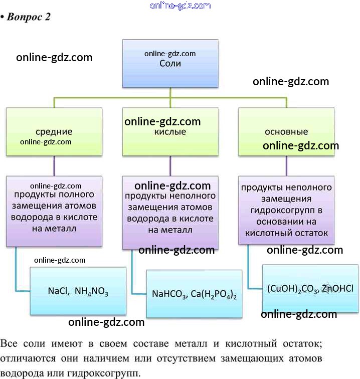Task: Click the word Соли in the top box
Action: [170, 64]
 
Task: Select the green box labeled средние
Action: [54, 131]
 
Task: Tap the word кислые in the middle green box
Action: [170, 132]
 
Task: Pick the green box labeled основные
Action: [286, 132]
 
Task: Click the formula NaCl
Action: [59, 291]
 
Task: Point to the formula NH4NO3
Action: [92, 291]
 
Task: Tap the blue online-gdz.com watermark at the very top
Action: [180, 6]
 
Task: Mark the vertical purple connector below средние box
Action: [54, 165]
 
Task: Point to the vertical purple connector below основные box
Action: [286, 165]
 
